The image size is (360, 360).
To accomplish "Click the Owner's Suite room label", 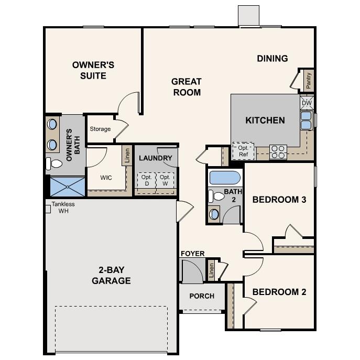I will coord(93,70).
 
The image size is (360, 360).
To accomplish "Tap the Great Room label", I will coord(186,86).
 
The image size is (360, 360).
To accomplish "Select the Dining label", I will coord(272,58).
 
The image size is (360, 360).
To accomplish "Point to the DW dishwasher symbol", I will coord(307,102).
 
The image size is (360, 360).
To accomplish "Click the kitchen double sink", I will coord(306,120).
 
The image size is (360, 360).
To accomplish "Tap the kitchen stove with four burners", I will coord(278,152).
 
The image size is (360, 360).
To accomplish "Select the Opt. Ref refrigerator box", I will coord(243,151).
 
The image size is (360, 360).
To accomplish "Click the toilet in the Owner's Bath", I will coord(54,163).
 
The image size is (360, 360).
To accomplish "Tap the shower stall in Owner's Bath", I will coord(67,186).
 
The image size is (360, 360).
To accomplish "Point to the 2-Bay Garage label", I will coord(111,275).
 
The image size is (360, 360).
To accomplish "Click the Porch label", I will coord(202,296).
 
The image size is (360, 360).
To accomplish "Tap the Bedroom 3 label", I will coord(279,200).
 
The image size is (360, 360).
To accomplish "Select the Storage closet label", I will coord(100,129).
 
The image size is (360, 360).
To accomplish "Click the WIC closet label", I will coord(106,177).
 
